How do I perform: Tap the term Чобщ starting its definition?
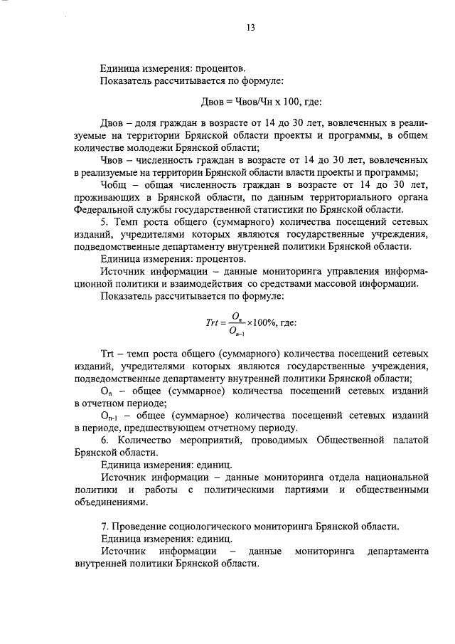point(116,184)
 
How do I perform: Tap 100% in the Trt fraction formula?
point(270,322)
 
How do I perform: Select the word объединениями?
point(111,502)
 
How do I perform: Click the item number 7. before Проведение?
point(105,527)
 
